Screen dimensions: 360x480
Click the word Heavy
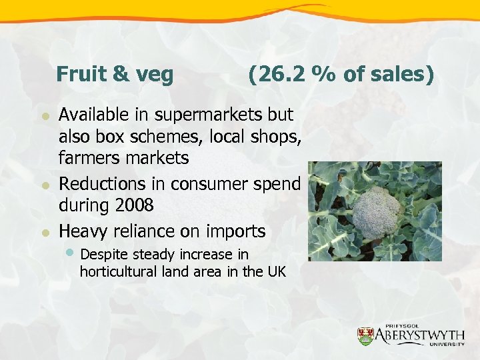point(82,231)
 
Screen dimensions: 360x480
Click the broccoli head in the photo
point(376,211)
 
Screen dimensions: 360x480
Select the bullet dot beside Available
point(45,115)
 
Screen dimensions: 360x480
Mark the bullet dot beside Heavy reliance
point(45,233)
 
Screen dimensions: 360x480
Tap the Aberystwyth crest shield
point(365,337)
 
